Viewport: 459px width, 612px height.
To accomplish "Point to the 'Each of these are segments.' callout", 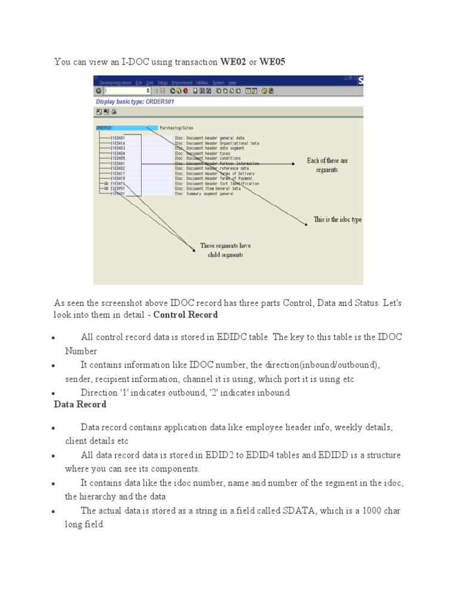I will tap(326, 165).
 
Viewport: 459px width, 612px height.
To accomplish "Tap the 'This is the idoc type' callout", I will tap(338, 219).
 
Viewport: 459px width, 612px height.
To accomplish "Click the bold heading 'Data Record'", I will tap(80, 404).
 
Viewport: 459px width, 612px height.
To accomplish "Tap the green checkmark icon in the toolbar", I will tap(99, 91).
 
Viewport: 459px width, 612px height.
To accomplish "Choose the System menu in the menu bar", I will tap(218, 82).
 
